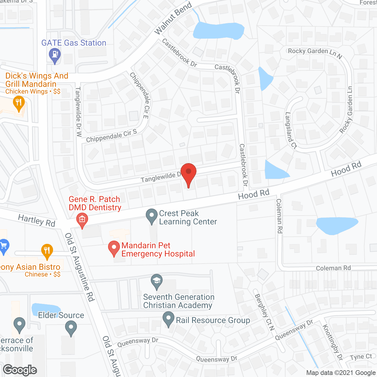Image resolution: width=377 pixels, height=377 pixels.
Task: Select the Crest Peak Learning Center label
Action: point(188,217)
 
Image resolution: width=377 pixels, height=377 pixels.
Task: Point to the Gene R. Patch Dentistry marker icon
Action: point(82,219)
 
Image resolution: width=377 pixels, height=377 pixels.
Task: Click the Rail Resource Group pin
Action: point(168,319)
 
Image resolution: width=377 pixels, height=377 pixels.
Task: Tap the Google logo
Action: point(20,370)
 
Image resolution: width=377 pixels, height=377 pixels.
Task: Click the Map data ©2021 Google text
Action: point(341,373)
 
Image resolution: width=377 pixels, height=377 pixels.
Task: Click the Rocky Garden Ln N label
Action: point(315,53)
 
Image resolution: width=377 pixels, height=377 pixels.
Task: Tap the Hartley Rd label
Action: point(37,220)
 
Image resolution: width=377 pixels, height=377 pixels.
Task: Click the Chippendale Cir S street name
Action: point(111,136)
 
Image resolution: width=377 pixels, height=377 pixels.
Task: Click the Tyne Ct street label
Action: point(361,357)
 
